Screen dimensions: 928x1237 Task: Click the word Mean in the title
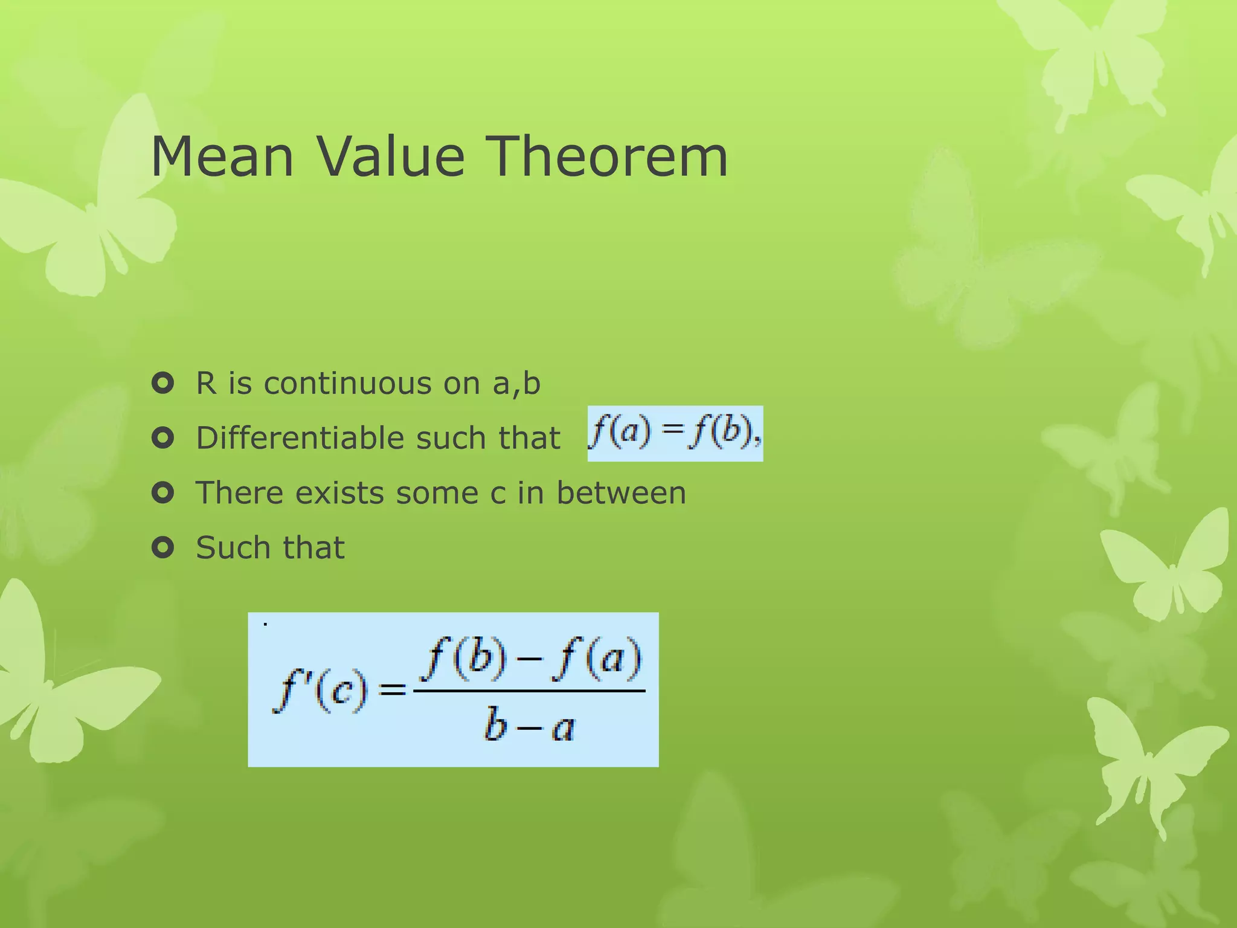pyautogui.click(x=222, y=156)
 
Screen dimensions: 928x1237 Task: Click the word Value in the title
pyautogui.click(x=391, y=156)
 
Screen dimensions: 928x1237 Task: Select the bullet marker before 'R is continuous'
pyautogui.click(x=163, y=383)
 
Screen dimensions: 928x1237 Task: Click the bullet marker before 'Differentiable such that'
pyautogui.click(x=163, y=438)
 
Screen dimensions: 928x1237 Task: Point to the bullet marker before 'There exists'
pyautogui.click(x=163, y=493)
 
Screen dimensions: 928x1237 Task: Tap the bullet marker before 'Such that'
pyautogui.click(x=163, y=548)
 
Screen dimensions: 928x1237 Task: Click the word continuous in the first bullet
pyautogui.click(x=347, y=384)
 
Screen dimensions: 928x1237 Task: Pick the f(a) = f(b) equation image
pyautogui.click(x=675, y=433)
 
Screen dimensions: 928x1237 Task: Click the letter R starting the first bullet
pyautogui.click(x=206, y=384)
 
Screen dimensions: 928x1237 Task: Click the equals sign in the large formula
pyautogui.click(x=393, y=689)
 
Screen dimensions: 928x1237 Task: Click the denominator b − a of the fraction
pyautogui.click(x=529, y=725)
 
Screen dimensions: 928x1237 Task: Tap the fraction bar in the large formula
pyautogui.click(x=529, y=691)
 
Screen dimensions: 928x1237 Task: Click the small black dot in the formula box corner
pyautogui.click(x=265, y=624)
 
